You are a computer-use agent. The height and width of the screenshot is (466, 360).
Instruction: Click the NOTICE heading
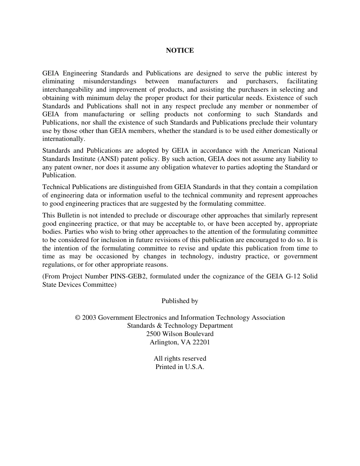pos(180,50)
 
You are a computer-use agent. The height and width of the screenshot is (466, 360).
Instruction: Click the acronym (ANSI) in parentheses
pos(108,159)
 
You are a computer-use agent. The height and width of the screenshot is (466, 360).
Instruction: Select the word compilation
pos(299,187)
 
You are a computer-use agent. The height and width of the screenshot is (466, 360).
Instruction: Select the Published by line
pos(180,301)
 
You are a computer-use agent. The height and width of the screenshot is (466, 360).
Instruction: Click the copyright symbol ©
pos(78,318)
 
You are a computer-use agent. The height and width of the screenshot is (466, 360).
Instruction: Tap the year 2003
pos(89,318)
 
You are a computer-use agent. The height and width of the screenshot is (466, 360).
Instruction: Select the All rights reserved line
pos(180,359)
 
